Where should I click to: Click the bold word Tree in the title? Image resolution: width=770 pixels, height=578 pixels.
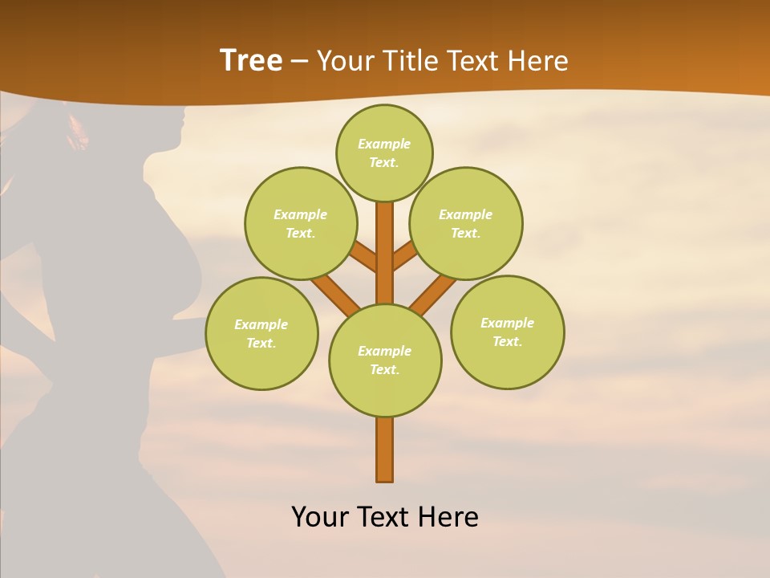pyautogui.click(x=251, y=61)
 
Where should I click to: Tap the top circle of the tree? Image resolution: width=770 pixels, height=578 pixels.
pyautogui.click(x=384, y=153)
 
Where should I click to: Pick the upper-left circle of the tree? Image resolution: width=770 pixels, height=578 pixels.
pyautogui.click(x=300, y=223)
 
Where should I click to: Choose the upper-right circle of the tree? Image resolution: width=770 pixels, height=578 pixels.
pyautogui.click(x=465, y=223)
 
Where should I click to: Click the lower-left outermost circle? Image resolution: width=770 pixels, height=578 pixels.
pyautogui.click(x=261, y=333)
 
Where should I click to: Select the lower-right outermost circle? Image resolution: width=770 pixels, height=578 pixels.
pyautogui.click(x=507, y=332)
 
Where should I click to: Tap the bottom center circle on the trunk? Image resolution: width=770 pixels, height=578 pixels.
pyautogui.click(x=385, y=360)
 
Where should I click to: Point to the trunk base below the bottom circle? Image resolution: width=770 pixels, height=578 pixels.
pyautogui.click(x=385, y=450)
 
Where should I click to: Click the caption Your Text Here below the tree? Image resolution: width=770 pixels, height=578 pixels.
pyautogui.click(x=385, y=517)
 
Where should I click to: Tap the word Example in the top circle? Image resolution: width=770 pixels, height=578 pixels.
pyautogui.click(x=384, y=144)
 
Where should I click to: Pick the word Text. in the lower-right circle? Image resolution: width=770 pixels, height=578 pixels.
pyautogui.click(x=507, y=341)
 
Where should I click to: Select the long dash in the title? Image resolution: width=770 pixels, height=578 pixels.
pyautogui.click(x=299, y=62)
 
